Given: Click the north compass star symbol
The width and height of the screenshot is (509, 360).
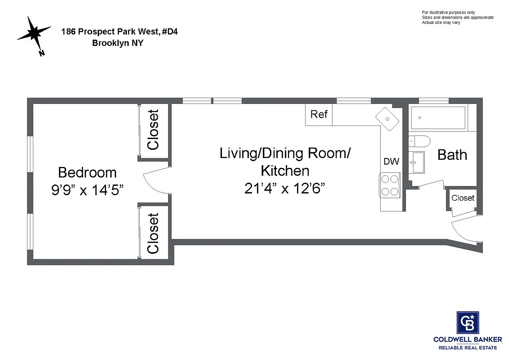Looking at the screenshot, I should pos(34,33).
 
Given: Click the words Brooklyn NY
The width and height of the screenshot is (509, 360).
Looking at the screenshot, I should pos(117,43).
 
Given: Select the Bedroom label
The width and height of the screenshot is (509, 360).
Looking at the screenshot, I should pos(87,172).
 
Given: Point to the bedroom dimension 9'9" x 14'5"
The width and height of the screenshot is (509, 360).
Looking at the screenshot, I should pos(87,189).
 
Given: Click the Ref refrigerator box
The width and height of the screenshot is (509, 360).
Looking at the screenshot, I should pos(319,114).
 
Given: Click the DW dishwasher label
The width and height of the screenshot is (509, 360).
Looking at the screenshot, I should pos(391,162).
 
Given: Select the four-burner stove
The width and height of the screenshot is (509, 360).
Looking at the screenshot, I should pos(390,184).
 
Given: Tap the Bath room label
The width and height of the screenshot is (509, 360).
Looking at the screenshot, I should pos(452,155).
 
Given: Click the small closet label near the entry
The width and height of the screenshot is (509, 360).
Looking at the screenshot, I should pos(463,198).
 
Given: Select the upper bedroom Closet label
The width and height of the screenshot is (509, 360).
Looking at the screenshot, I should pos(153,130).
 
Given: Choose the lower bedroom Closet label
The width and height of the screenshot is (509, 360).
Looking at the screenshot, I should pos(153,233).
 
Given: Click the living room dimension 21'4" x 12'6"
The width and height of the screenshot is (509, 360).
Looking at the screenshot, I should pos(284,188).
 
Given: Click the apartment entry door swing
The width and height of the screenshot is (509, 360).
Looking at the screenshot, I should pos(464,232).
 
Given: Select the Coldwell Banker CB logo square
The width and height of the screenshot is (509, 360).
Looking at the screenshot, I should pos(468,323).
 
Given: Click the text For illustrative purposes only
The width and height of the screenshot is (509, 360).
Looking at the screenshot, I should pos(448,12).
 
